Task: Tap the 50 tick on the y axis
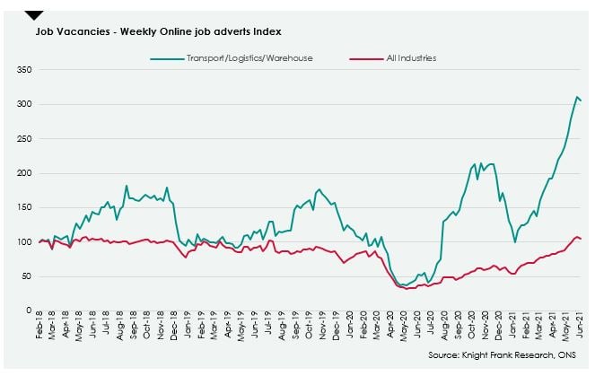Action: pyautogui.click(x=27, y=275)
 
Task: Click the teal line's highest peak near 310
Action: pyautogui.click(x=576, y=97)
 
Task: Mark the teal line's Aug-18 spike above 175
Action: pyautogui.click(x=127, y=186)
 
